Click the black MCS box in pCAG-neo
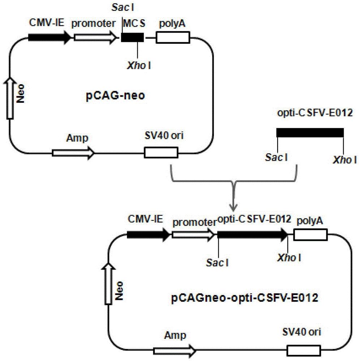coord(133,37)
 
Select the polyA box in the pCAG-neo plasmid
coord(173,38)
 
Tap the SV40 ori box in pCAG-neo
coord(161,152)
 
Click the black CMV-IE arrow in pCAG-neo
coord(50,37)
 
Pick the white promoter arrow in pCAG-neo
coord(95,37)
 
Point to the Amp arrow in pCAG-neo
coord(73,153)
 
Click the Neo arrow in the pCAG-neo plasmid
coord(10,98)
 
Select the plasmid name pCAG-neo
coord(115,96)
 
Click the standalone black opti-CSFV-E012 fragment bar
coord(310,133)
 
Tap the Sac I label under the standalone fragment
coord(277,157)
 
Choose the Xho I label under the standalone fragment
coord(345,160)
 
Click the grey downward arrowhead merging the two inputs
coord(234,208)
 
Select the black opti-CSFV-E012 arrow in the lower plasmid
coord(253,235)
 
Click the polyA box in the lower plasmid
coord(310,235)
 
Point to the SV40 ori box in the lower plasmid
coord(304,351)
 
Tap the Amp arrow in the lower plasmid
coord(175,351)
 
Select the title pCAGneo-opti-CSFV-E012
coord(245,298)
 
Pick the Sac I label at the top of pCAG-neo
coord(123,8)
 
